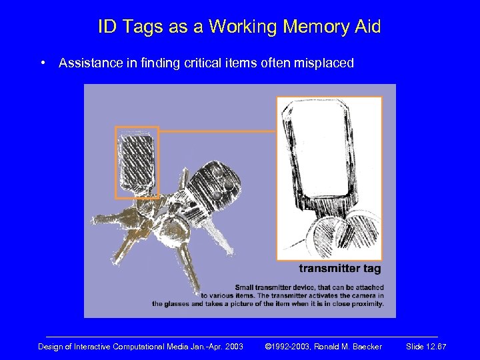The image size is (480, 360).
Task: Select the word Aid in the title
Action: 367,27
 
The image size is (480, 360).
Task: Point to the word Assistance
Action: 89,63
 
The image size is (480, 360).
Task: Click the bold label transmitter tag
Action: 339,269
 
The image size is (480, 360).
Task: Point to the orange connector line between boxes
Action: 217,131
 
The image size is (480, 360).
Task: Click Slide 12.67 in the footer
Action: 426,347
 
